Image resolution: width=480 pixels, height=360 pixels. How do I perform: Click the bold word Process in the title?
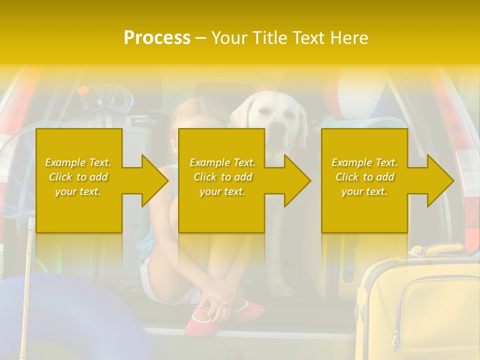pyautogui.click(x=157, y=37)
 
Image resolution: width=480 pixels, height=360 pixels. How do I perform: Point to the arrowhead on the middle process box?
pyautogui.click(x=296, y=180)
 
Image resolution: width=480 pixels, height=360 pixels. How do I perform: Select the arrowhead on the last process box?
pyautogui.click(x=439, y=180)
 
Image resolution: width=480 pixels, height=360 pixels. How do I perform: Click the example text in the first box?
pyautogui.click(x=78, y=176)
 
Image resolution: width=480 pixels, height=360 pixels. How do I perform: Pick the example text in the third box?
pyautogui.click(x=364, y=176)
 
